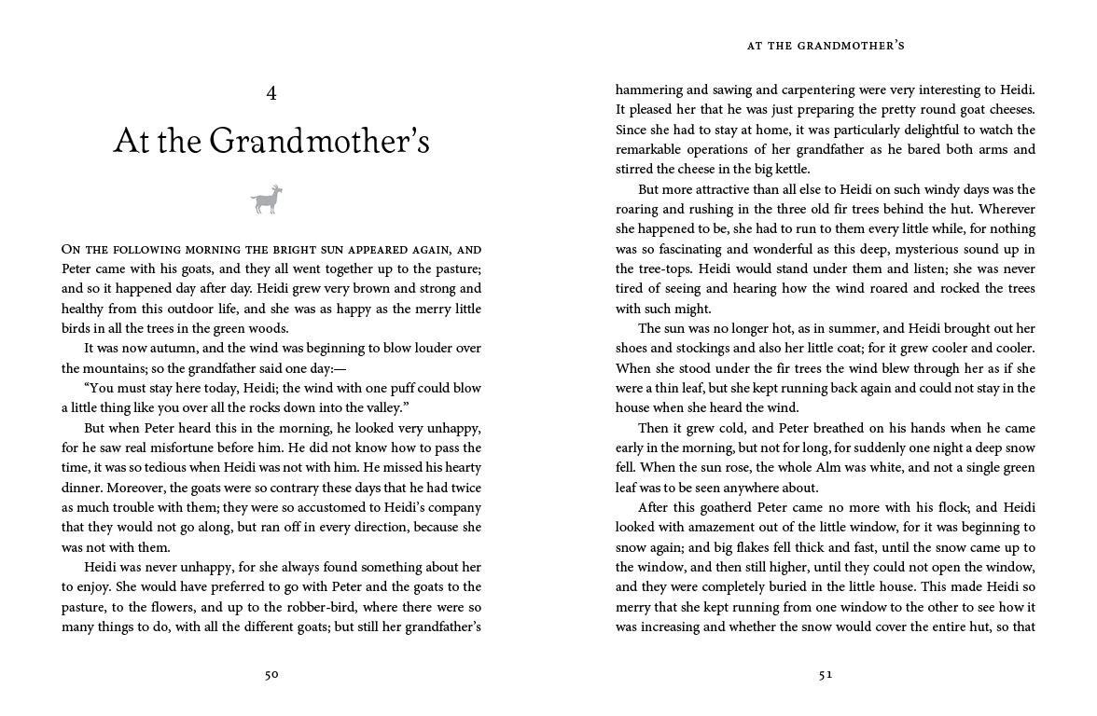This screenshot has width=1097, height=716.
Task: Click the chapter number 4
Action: point(271,93)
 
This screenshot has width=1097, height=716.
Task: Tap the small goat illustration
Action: point(267,200)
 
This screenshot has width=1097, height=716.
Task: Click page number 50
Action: point(271,675)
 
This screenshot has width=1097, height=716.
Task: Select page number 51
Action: point(826,675)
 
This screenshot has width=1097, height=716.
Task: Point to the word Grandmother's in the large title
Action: point(320,142)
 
